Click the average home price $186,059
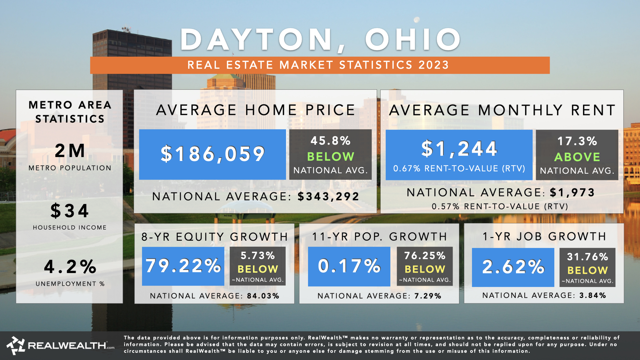coord(212,154)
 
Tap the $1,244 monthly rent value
coord(459,149)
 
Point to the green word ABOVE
coord(577,157)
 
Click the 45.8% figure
coord(330,141)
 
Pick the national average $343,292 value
coord(328,196)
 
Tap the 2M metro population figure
coord(70,151)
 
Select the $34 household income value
coord(70,211)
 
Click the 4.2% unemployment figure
coord(70,267)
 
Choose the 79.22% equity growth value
coord(183,266)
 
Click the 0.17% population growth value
coord(349,266)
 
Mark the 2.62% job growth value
coord(513,267)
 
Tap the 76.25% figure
coord(425,256)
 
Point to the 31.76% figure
coord(587,257)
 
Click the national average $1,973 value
coord(572,192)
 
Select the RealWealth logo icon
coord(16,345)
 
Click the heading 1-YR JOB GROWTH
coord(544,236)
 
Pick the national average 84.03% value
coord(263,296)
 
